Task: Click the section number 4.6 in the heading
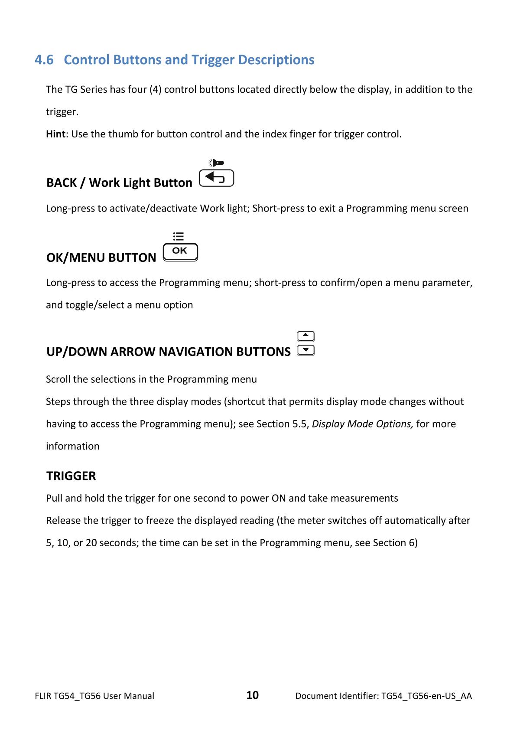(44, 60)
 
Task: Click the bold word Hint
(55, 134)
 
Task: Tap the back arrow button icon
(216, 178)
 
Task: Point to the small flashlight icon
(216, 163)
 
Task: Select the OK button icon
(180, 251)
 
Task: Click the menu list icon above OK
(179, 236)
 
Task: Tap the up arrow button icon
(306, 336)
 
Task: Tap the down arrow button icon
(306, 350)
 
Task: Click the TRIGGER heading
(71, 476)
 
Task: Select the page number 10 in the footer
(253, 695)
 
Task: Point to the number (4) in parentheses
(155, 90)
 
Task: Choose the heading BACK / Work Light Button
(119, 183)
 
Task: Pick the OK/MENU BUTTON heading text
(101, 258)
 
